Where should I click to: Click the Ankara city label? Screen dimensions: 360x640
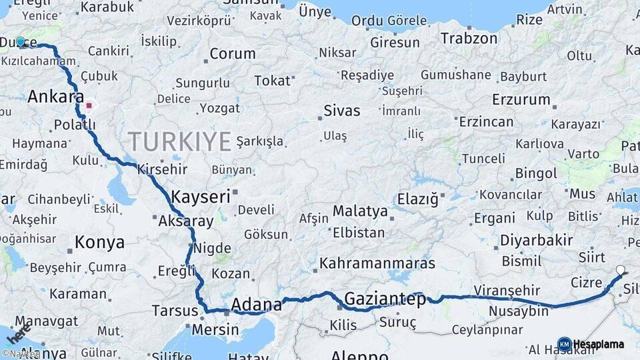click(x=55, y=97)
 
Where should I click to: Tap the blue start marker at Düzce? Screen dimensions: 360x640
click(x=21, y=42)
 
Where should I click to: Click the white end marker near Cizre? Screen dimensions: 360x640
click(x=621, y=271)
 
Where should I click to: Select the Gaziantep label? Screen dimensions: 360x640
click(x=385, y=299)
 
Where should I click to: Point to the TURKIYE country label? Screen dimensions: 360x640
click(x=179, y=141)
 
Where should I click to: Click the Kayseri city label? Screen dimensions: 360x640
click(x=200, y=197)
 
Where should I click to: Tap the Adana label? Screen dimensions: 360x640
click(x=256, y=305)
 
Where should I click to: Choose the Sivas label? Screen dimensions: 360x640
click(x=341, y=111)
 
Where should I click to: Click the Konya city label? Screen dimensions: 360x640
click(x=99, y=242)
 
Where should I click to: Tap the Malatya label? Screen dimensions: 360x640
click(x=360, y=211)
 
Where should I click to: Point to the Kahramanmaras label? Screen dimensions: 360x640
click(x=377, y=263)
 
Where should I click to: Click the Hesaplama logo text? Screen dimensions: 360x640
click(x=599, y=344)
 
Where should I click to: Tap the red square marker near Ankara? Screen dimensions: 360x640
click(x=89, y=105)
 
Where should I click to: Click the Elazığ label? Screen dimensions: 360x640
click(x=417, y=199)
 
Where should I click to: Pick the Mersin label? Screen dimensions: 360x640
click(x=215, y=329)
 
